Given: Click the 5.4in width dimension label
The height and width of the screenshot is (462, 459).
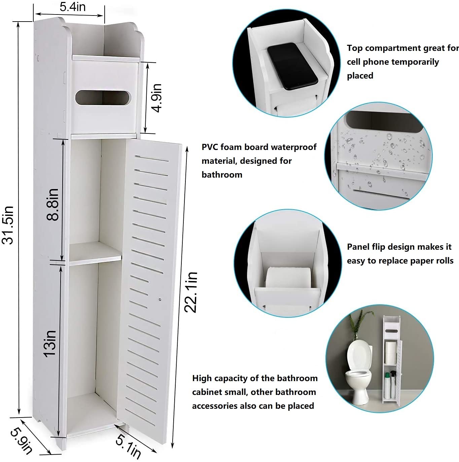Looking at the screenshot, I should (x=72, y=7).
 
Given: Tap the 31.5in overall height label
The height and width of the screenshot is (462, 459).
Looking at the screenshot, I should (x=8, y=224).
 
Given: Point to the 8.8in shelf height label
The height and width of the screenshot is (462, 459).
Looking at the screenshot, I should (x=53, y=204).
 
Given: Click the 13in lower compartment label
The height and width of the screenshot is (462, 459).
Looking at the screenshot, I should (x=50, y=343).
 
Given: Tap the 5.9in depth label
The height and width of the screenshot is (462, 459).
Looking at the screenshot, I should (x=21, y=441).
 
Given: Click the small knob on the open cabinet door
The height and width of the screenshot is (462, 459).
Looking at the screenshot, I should (x=160, y=299).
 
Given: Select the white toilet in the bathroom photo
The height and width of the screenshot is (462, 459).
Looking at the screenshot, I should (x=359, y=371).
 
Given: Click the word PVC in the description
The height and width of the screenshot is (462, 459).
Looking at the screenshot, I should (x=210, y=147).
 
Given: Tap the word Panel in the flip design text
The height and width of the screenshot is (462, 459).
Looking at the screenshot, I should (x=358, y=247).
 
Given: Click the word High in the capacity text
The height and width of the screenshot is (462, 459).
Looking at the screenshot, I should (x=202, y=378).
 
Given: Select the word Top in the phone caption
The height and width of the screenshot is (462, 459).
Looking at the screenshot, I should (x=355, y=48).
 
